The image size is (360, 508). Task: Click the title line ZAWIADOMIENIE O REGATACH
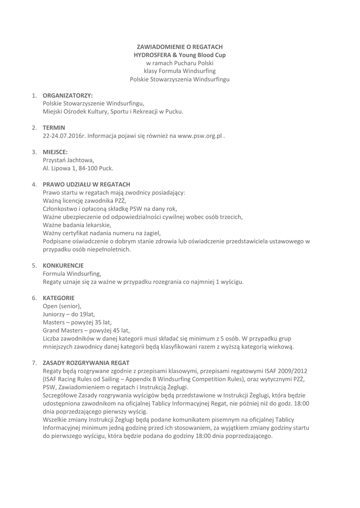point(180,46)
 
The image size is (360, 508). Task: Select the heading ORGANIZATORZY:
point(68,95)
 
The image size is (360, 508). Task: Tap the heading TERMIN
point(54,127)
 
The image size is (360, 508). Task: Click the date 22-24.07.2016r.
point(64,135)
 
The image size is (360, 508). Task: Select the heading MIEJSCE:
point(55,152)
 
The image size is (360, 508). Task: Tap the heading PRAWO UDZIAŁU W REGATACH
point(86,184)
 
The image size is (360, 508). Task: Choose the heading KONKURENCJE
point(63,265)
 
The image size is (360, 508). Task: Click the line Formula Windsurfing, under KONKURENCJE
point(72,273)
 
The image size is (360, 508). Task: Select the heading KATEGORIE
point(59,298)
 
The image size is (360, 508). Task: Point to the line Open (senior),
point(62,306)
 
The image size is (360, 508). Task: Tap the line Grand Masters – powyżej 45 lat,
point(86,330)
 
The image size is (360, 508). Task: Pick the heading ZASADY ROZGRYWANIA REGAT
point(86,363)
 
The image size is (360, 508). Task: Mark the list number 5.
point(34,265)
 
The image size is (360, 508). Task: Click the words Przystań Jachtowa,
point(68,160)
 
